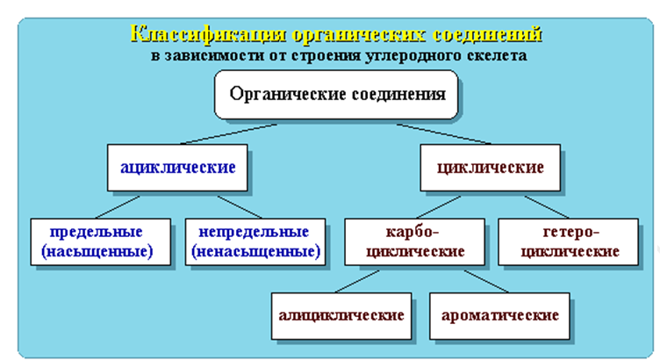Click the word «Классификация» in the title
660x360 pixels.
point(209,33)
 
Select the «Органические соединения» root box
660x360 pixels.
point(336,94)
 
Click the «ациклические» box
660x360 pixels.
point(177,168)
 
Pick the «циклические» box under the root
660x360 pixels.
point(490,168)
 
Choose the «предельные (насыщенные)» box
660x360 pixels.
point(101,241)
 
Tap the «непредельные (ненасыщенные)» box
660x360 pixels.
point(255,241)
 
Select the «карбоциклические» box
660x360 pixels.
point(414,241)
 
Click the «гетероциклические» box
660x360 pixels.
point(568,241)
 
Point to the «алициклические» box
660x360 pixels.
point(341,316)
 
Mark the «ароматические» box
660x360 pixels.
point(499,316)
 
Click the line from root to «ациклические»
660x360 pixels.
point(228,134)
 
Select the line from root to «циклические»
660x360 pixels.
point(443,134)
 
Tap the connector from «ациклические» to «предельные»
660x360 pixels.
point(118,207)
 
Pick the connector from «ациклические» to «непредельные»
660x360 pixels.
point(240,207)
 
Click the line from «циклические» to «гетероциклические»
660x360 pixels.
point(547,207)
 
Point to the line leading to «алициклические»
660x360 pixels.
point(357,281)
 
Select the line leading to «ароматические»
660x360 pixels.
point(486,281)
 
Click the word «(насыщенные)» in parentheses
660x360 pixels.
point(97,251)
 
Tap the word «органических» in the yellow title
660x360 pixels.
point(359,33)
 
